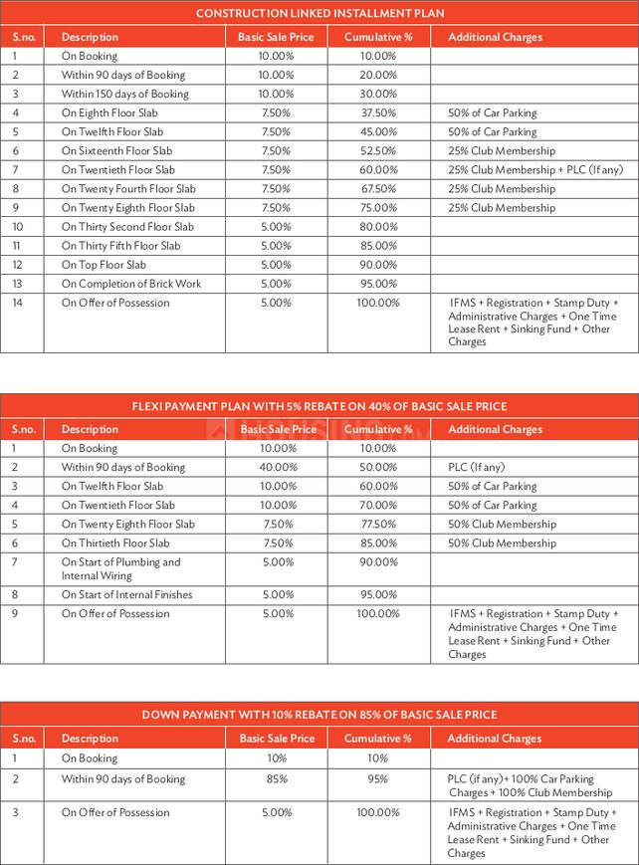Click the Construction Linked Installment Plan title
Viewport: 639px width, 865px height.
[x=319, y=13]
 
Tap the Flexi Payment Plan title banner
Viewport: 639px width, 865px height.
[x=319, y=406]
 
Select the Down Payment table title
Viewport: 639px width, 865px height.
[x=319, y=715]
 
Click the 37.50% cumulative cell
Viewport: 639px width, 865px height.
[x=377, y=113]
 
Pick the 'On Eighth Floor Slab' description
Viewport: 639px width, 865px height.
[x=109, y=113]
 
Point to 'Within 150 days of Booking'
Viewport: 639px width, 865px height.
[x=124, y=95]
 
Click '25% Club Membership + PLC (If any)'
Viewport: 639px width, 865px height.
[x=535, y=170]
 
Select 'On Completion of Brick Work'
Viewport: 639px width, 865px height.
[x=131, y=284]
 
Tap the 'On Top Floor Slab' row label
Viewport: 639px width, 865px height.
[x=104, y=265]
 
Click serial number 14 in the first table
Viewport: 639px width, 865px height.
[x=17, y=304]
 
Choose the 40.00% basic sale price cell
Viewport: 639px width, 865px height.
[x=276, y=468]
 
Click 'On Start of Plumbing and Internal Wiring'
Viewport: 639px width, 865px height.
[x=121, y=569]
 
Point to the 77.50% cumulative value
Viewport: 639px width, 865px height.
[x=377, y=525]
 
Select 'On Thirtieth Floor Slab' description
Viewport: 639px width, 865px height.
[x=115, y=543]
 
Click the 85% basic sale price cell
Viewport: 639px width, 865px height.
[x=276, y=779]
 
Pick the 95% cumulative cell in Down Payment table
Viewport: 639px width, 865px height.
[x=377, y=779]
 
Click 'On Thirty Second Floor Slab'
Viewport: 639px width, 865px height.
[x=127, y=227]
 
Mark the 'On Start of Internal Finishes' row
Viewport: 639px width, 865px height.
[x=127, y=595]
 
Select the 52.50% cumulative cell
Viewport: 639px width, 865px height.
[x=377, y=151]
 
